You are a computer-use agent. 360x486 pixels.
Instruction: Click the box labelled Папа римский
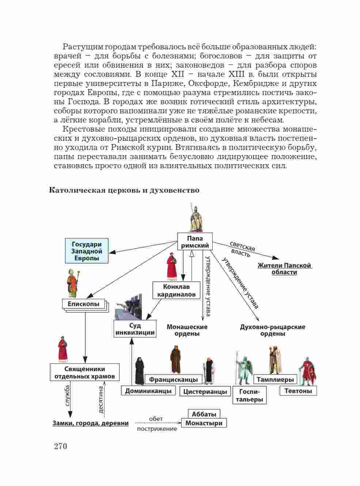tap(195, 242)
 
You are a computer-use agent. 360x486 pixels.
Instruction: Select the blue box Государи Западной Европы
tap(87, 251)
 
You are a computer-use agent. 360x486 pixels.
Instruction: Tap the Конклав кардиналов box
tap(177, 290)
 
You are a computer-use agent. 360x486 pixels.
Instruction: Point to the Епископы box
tap(84, 304)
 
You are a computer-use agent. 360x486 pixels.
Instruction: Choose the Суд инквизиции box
tap(135, 329)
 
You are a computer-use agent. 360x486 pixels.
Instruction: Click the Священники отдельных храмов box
tap(85, 372)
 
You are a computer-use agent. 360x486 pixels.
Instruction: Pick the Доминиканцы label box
tap(148, 391)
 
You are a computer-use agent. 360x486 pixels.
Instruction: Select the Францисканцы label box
tap(173, 380)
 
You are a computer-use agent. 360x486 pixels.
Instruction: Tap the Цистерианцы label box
tap(205, 391)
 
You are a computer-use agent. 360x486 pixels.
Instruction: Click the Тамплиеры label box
tap(275, 380)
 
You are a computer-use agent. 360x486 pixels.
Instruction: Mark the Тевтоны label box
tap(298, 391)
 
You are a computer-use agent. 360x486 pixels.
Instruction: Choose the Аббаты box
tap(204, 414)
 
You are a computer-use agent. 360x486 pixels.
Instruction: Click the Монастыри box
tap(204, 423)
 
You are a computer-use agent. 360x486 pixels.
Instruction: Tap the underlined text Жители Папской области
tap(284, 269)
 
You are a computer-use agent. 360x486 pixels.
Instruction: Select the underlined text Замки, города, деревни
tap(91, 423)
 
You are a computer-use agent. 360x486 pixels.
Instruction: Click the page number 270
tap(60, 446)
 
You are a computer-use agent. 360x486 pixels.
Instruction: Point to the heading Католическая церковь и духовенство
tap(124, 190)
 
